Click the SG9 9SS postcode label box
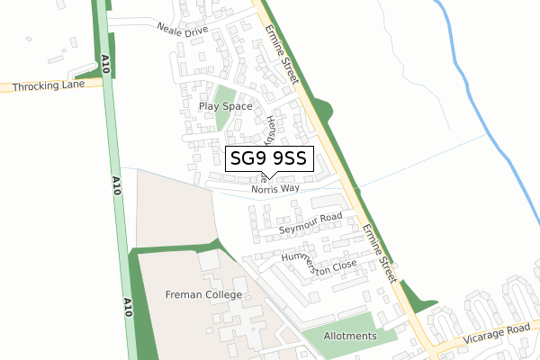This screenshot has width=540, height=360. click(x=268, y=159)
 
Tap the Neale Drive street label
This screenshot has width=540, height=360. click(x=183, y=30)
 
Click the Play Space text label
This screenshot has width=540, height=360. click(x=225, y=106)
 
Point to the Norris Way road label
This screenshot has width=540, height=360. click(x=275, y=189)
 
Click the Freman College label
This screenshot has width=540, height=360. click(x=204, y=294)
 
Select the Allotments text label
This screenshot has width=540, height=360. click(x=350, y=336)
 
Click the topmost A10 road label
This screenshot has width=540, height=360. click(x=105, y=63)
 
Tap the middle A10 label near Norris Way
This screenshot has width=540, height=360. click(x=116, y=185)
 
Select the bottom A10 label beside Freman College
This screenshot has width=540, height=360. click(x=127, y=307)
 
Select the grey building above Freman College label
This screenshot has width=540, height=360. click(x=209, y=261)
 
